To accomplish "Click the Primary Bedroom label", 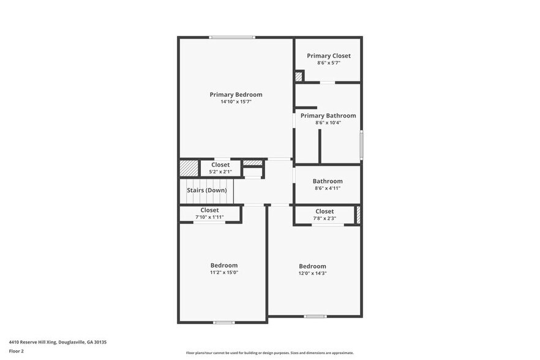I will (x=236, y=94).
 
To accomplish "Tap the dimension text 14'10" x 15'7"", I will (x=236, y=102).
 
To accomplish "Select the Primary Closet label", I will (x=329, y=56).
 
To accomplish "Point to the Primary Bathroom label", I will (x=328, y=115).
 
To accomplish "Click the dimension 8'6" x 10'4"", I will (x=328, y=122).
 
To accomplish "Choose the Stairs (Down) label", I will (x=207, y=190).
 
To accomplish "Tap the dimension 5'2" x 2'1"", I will (x=220, y=172).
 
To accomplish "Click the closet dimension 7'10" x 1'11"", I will (x=209, y=217).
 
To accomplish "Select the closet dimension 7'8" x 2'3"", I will (x=324, y=218).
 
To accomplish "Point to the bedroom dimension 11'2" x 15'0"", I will (x=224, y=272).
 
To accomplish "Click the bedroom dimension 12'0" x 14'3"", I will (x=312, y=273).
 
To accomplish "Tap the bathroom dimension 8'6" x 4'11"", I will (x=328, y=188).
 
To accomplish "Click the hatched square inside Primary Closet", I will (x=299, y=77).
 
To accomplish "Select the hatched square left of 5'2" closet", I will (x=189, y=168).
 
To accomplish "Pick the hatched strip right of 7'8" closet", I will (x=358, y=214).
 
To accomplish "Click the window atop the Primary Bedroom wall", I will (x=232, y=37).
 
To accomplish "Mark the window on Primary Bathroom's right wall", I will (x=361, y=144).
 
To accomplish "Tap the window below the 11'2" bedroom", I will (x=224, y=322).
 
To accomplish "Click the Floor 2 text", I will (x=16, y=351).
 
